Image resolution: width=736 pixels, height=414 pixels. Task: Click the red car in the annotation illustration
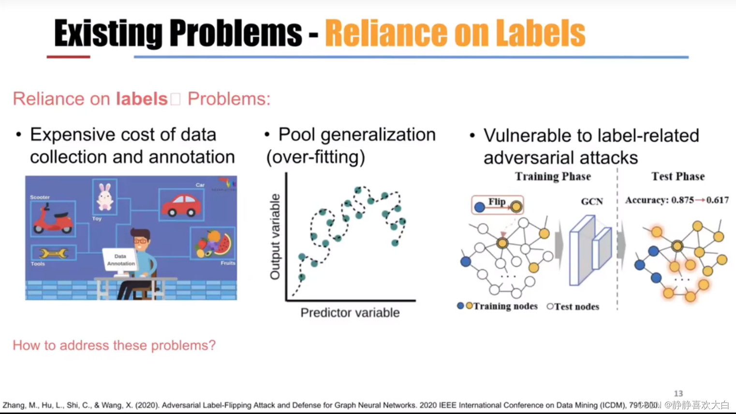click(181, 205)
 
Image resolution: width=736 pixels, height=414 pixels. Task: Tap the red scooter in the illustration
click(52, 220)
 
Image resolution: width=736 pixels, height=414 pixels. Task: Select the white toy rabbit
click(105, 196)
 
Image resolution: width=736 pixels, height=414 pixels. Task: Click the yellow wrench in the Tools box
click(53, 253)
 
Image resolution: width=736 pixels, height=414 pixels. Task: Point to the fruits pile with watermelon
click(213, 243)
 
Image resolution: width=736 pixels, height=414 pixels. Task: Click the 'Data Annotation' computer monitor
click(120, 260)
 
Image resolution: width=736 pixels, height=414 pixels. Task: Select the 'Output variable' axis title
click(275, 237)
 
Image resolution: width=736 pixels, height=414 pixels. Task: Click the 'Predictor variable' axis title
click(350, 313)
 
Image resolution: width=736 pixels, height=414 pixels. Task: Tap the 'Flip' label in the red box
click(497, 202)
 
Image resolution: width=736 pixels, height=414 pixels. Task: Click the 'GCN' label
click(592, 201)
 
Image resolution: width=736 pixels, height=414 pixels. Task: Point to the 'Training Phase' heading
click(553, 177)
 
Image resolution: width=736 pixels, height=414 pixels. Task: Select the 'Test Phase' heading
click(678, 177)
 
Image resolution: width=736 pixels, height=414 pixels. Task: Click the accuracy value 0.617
click(717, 200)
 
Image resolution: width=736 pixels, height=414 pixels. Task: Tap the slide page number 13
click(678, 394)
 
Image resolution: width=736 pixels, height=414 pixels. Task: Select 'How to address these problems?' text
click(114, 345)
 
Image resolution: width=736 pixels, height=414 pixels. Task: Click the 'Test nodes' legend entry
click(574, 307)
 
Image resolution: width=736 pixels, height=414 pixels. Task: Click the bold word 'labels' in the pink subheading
click(141, 99)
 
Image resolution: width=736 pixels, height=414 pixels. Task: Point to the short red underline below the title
click(68, 57)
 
